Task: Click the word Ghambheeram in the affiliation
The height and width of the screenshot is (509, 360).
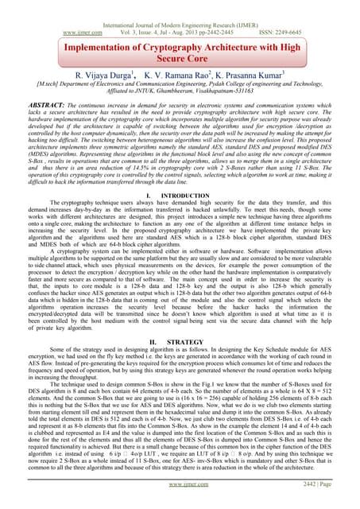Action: point(169,91)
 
